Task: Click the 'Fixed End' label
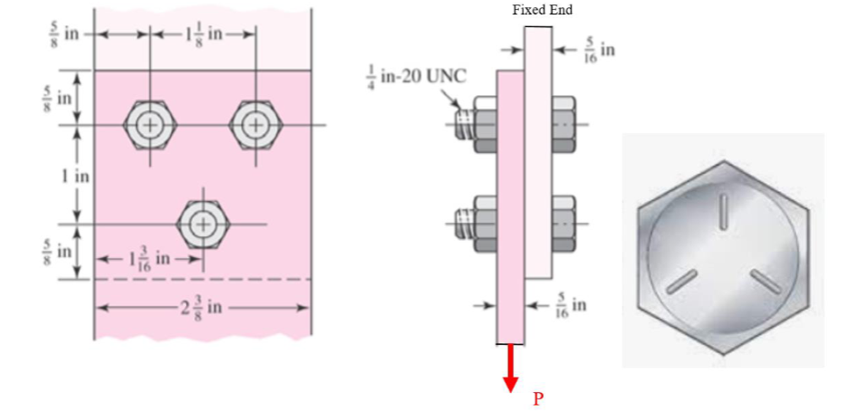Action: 542,10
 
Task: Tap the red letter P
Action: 538,398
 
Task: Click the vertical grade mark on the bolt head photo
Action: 722,211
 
